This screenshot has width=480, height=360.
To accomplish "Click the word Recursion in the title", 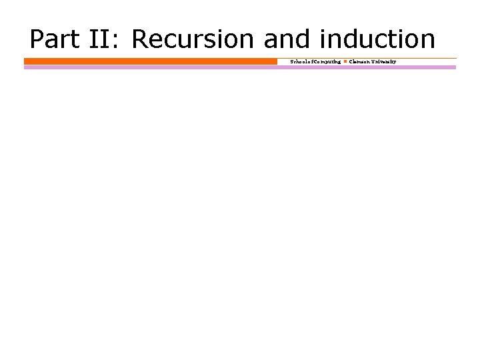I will point(193,39).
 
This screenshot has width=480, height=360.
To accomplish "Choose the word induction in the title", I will point(377,39).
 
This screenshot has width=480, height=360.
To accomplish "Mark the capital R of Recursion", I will point(141,39).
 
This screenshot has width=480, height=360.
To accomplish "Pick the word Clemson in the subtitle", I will point(361,61).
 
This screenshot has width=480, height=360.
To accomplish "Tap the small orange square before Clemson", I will point(345,61).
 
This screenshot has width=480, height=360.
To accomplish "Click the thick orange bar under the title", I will point(150,61).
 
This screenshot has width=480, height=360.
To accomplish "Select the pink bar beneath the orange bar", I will point(240,67).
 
